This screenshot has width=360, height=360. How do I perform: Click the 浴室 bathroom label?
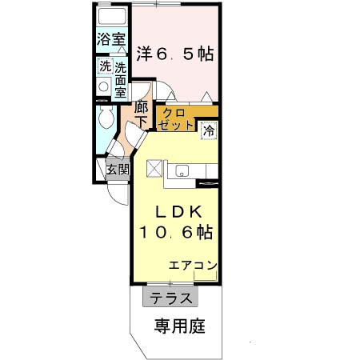tap(111, 38)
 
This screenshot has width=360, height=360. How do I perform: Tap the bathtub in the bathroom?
tap(111, 17)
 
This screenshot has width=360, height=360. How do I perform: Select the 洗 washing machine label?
tap(104, 67)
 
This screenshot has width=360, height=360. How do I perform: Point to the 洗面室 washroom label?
tap(120, 79)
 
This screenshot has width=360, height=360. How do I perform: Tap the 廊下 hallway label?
tap(141, 114)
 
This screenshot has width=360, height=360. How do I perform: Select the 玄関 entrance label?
tap(117, 169)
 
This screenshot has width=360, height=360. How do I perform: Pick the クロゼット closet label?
tap(176, 118)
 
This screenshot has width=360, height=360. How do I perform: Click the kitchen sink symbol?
tap(181, 170)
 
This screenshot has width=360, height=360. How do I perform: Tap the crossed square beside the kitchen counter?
tap(154, 169)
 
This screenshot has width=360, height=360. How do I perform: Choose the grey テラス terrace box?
tap(170, 298)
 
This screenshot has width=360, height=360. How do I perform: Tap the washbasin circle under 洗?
tap(104, 87)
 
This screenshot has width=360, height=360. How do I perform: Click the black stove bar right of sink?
tap(207, 185)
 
